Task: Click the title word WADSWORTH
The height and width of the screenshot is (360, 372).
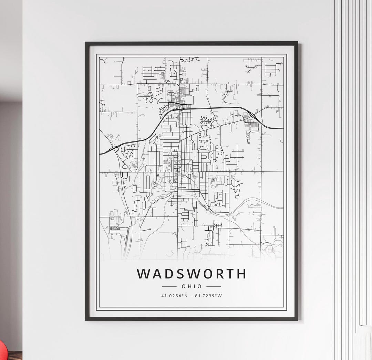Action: (x=192, y=274)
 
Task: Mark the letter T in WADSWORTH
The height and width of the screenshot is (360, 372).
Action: (x=230, y=274)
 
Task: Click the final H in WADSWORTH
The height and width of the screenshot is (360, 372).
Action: (x=241, y=274)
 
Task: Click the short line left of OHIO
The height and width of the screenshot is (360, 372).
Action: (x=169, y=286)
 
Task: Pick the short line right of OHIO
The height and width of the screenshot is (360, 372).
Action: (x=214, y=286)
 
